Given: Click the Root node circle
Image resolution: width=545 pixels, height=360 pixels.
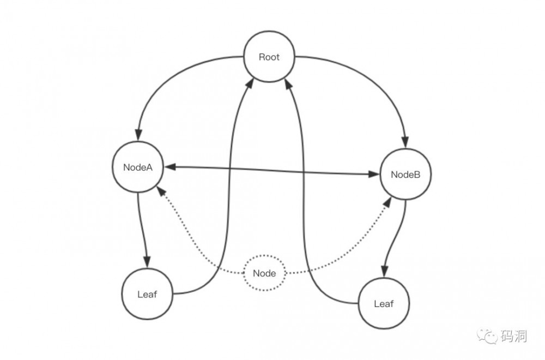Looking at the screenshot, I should tap(269, 57).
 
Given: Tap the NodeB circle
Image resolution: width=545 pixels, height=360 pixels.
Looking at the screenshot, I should tap(405, 175).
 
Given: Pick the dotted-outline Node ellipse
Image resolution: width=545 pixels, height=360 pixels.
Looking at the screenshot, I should tap(264, 273).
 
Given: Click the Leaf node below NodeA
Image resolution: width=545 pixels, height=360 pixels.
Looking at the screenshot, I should tap(147, 295).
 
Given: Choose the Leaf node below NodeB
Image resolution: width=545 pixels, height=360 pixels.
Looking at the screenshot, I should tap(384, 304).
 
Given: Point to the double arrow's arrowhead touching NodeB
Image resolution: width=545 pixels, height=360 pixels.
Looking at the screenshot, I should tap(373, 174).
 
